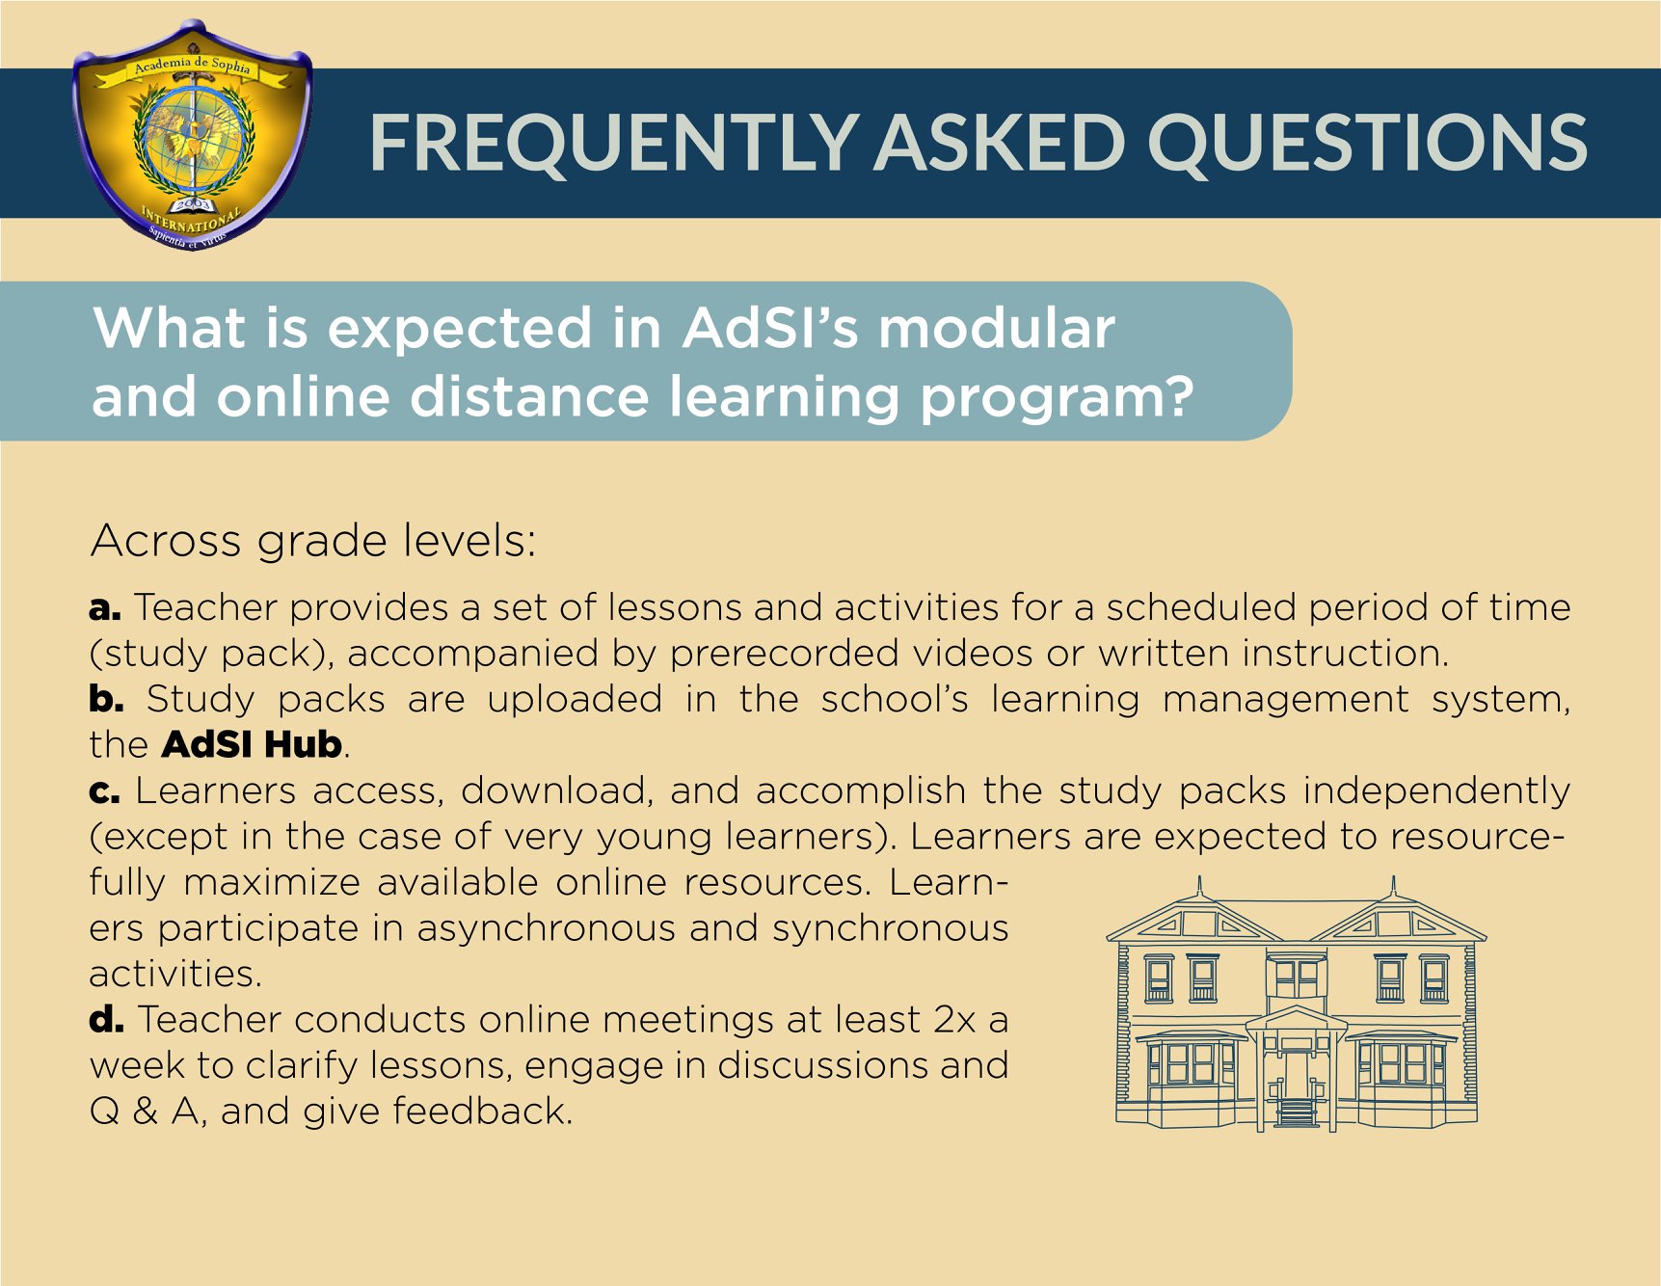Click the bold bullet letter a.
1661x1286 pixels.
(104, 608)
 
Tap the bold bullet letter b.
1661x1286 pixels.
(106, 699)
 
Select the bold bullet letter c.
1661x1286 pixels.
(104, 791)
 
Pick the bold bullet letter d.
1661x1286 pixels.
(106, 1019)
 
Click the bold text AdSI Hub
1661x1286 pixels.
(253, 744)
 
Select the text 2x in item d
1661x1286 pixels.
(954, 1020)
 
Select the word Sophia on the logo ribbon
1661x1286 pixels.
(231, 67)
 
